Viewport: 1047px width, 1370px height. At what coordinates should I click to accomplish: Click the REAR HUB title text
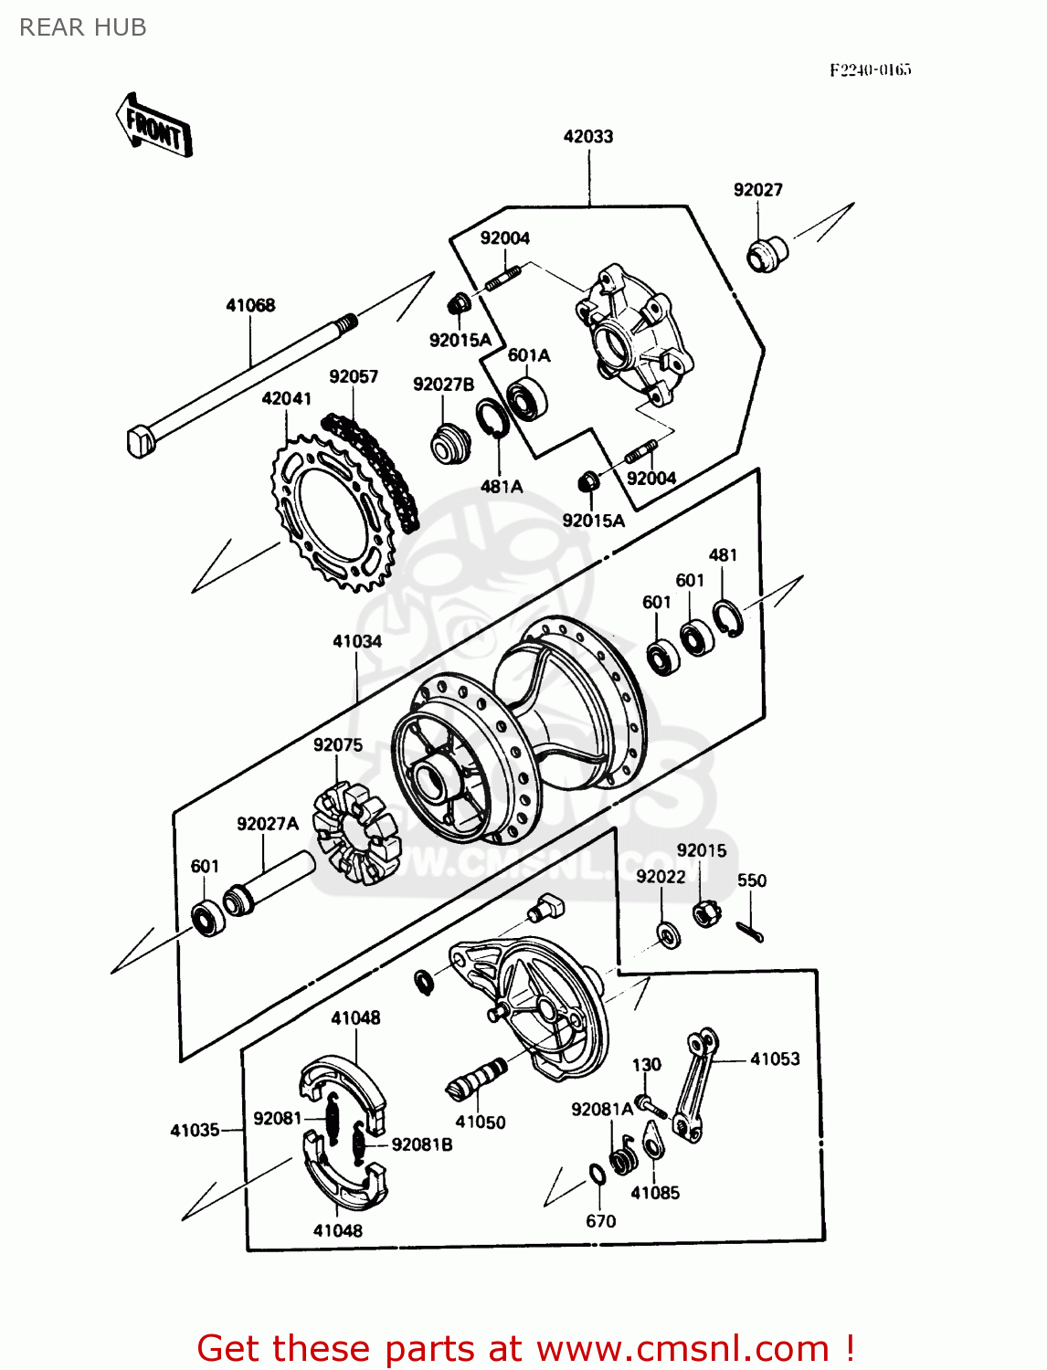82,28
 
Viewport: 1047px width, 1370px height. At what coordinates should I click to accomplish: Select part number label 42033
587,136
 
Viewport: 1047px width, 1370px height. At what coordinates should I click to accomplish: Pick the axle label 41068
250,305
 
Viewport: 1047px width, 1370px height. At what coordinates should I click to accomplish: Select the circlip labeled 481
728,618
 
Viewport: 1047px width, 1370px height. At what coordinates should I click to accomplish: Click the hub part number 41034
357,641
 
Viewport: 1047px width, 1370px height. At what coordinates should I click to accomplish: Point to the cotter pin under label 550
750,931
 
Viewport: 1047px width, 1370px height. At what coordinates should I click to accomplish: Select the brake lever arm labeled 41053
694,1087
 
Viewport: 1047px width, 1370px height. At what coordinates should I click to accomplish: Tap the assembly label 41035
195,1131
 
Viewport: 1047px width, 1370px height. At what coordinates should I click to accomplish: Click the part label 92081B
421,1144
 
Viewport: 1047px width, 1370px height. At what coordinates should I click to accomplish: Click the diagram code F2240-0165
870,69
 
